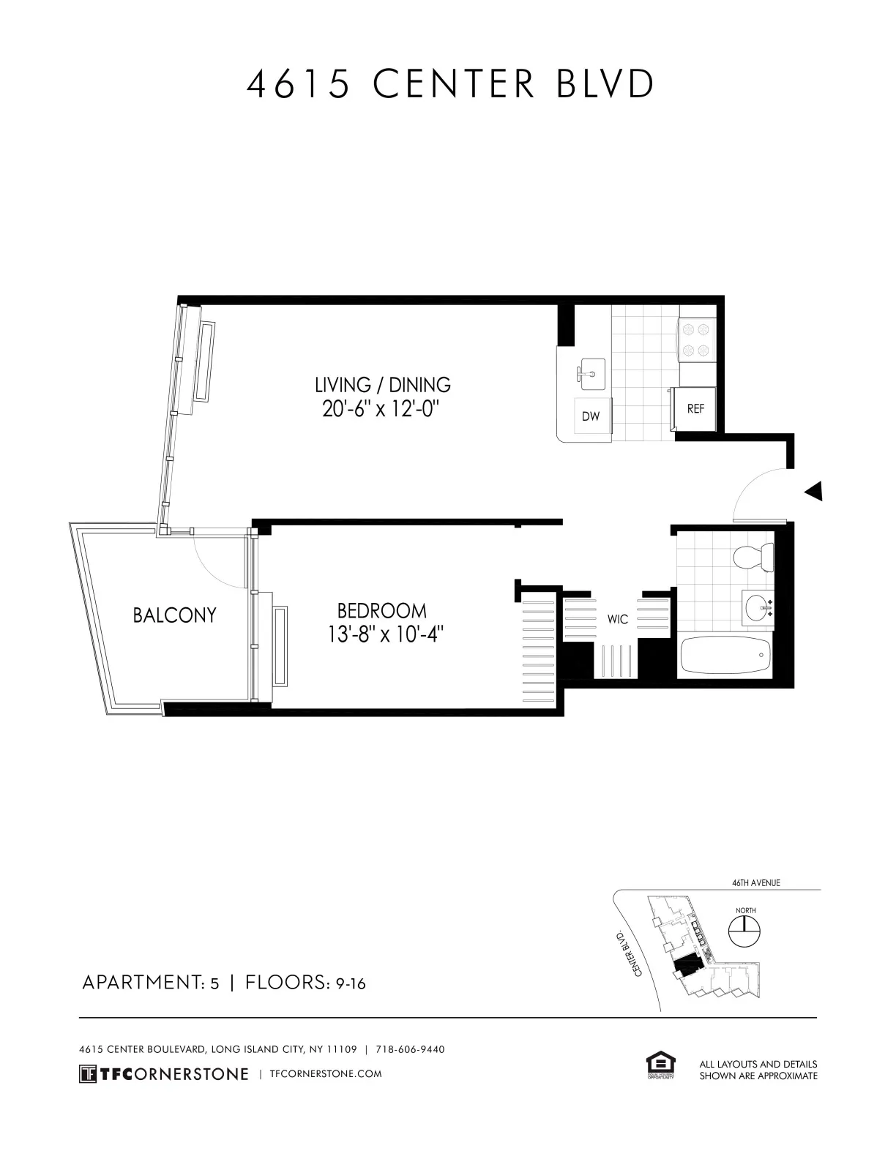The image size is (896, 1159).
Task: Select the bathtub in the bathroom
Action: click(725, 656)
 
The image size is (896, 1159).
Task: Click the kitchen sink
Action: click(589, 374)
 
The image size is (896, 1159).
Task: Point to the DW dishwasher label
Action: click(591, 416)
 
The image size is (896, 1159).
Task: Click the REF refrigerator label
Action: click(695, 409)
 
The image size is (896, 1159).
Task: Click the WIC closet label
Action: click(618, 620)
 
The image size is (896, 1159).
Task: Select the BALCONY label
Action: click(174, 615)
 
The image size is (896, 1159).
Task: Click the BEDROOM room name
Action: click(381, 610)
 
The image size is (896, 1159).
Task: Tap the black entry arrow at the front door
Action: click(813, 491)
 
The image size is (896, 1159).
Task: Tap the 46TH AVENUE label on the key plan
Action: click(756, 882)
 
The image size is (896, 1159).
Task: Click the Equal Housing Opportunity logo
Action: click(660, 1065)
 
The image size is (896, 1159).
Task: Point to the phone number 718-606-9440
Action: click(410, 1049)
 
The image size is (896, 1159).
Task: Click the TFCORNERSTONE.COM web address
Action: click(326, 1073)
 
